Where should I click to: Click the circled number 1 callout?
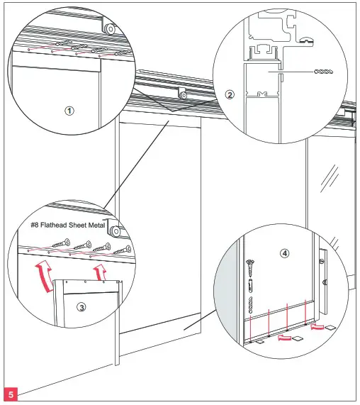point(68,111)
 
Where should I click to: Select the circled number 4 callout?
point(283,252)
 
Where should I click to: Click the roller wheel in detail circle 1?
point(109,28)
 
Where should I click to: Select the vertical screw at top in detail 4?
point(249,269)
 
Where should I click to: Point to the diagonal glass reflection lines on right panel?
point(330,177)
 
